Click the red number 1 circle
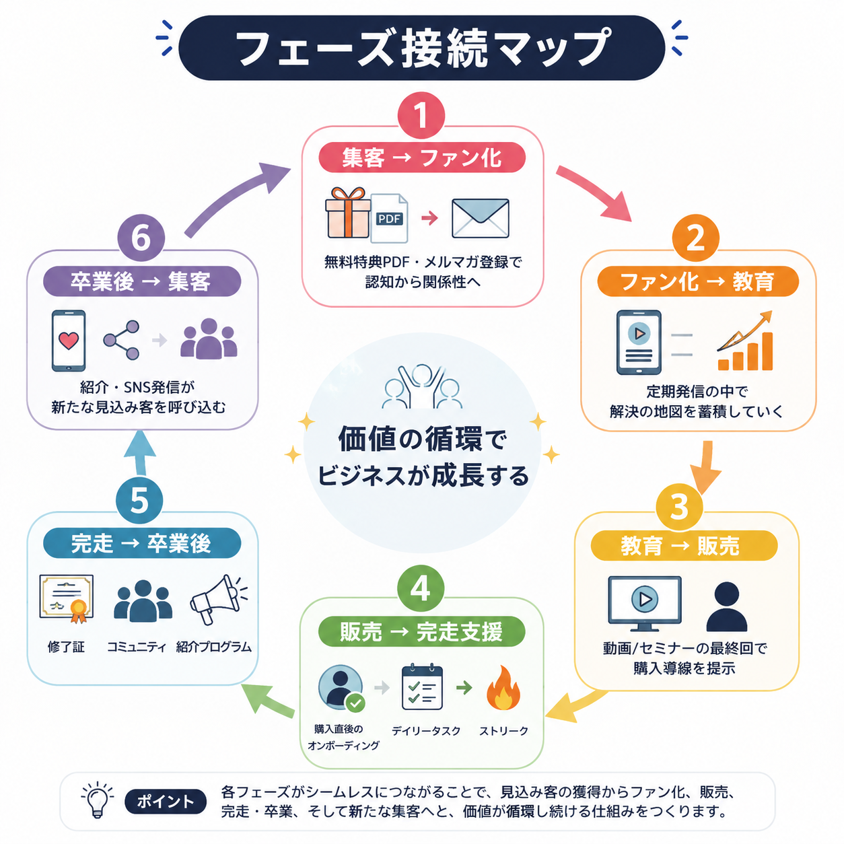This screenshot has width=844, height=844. tap(421, 115)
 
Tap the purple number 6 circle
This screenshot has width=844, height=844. tap(141, 238)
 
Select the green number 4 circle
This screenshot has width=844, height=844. tap(421, 588)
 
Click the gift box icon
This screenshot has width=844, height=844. tap(347, 213)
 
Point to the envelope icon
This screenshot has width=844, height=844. tap(480, 218)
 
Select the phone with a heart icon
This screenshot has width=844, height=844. tap(69, 341)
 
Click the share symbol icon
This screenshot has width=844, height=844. tap(121, 340)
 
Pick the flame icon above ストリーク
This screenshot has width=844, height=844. tap(503, 687)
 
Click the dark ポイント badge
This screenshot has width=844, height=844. tap(166, 801)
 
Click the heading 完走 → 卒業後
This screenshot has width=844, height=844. tap(141, 544)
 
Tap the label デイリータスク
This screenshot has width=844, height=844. tap(426, 730)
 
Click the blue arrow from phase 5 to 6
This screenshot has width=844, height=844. tap(140, 452)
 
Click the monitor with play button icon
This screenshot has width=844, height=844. tap(645, 603)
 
